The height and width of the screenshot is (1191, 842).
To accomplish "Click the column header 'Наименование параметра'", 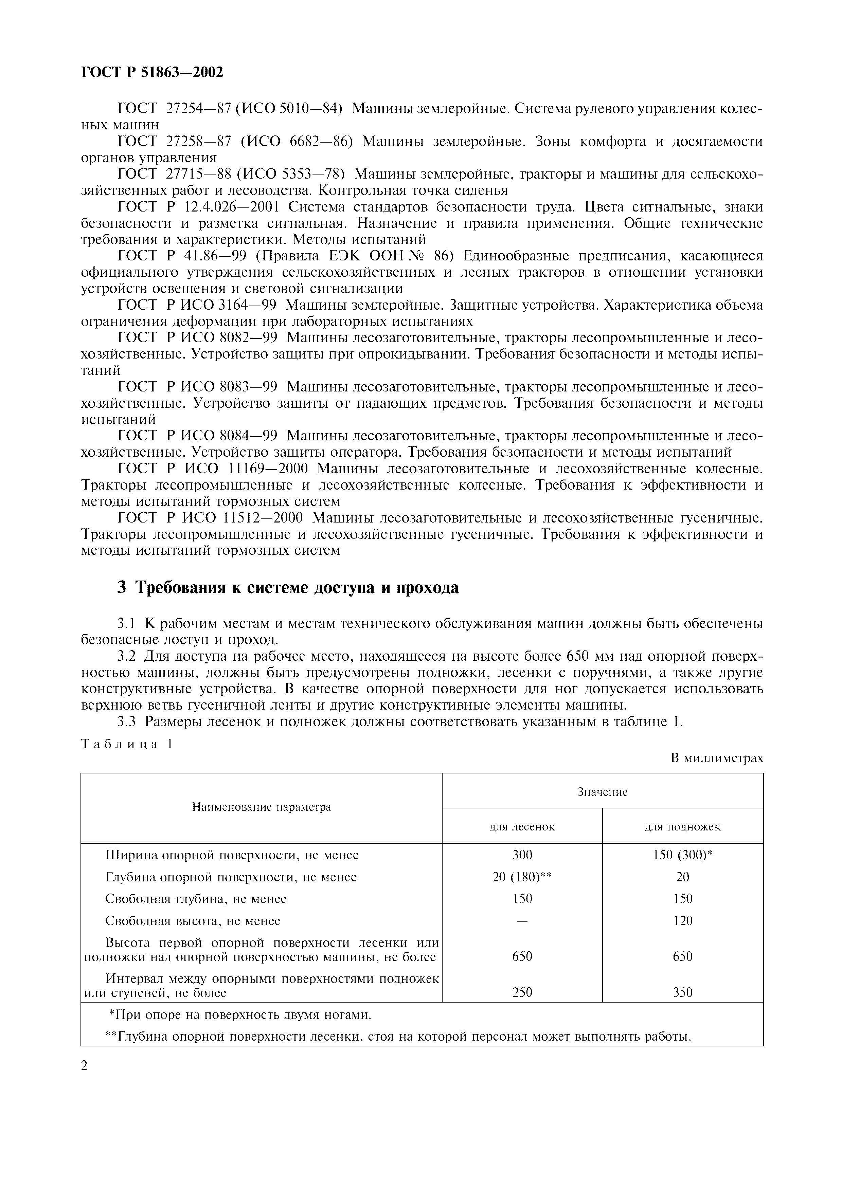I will [262, 807].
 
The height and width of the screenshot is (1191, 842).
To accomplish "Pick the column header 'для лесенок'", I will [522, 827].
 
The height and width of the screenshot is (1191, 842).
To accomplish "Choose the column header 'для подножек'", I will [682, 827].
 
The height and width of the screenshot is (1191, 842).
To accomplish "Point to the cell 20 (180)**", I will [522, 877].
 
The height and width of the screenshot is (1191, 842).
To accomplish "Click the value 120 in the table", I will [683, 921].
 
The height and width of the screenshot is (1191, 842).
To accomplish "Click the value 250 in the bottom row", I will [522, 992].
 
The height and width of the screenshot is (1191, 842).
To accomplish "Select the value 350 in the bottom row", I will [683, 992].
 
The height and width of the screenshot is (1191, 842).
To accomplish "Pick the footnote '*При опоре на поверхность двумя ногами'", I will [240, 1014].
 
